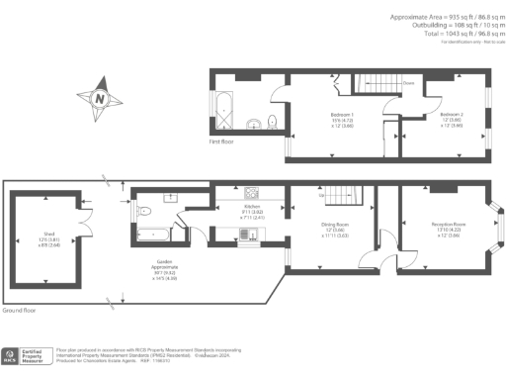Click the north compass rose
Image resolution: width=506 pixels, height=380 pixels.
100,98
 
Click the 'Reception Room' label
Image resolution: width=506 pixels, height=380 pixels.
448,226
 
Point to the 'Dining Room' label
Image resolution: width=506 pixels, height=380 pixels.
334,226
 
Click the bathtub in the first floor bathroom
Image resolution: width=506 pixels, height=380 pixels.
222,112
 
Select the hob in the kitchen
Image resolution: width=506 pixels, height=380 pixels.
250,192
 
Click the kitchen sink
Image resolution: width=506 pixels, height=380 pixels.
251,234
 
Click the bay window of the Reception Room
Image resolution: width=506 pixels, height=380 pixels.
497,228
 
